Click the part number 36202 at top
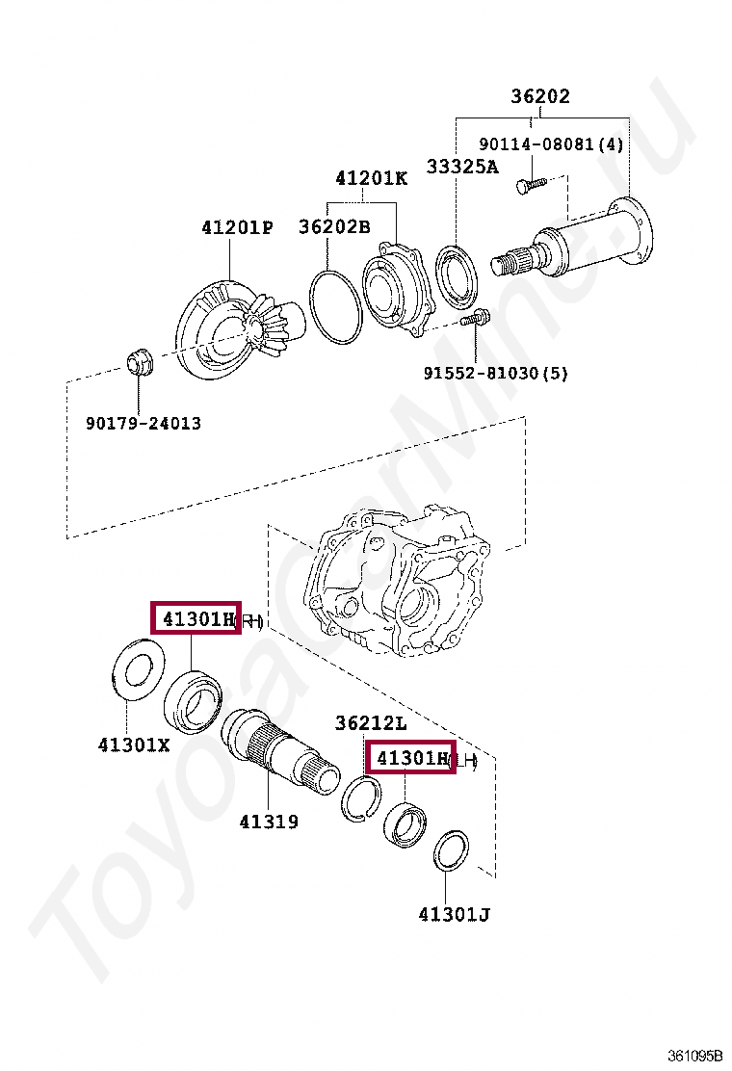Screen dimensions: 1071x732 coord(539,96)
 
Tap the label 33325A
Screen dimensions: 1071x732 coord(462,167)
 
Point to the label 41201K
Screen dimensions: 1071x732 coord(372,178)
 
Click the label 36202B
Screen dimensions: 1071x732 coord(334,227)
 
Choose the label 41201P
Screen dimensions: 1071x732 coord(237,227)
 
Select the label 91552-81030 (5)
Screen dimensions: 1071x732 coord(496,373)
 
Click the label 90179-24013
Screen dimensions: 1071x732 coord(144,423)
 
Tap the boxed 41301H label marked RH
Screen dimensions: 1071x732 coord(196,618)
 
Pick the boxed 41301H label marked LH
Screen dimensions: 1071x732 coord(411,759)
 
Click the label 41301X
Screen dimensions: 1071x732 coord(134,744)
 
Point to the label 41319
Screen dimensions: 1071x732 coord(269,822)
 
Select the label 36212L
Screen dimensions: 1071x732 coord(371,722)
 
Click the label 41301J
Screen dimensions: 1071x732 coord(454,914)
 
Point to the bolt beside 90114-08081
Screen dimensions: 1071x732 coord(527,185)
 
